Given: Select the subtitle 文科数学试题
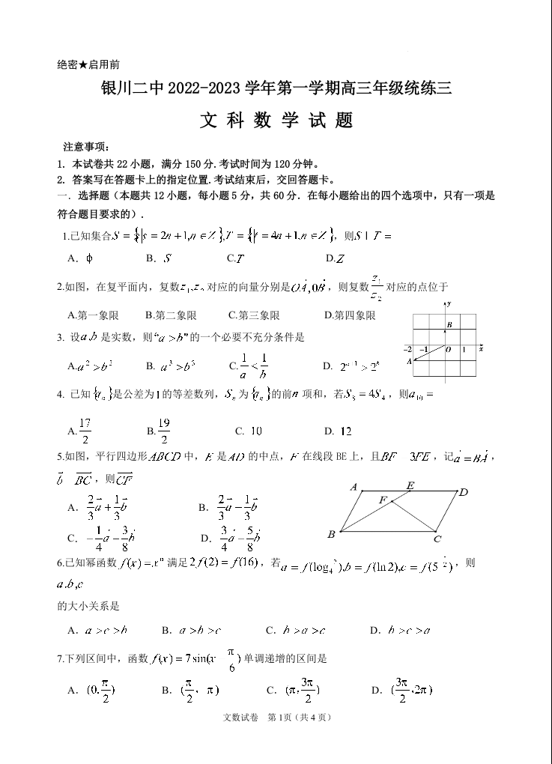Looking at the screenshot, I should (276, 121).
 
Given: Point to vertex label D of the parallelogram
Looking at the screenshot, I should (464, 492).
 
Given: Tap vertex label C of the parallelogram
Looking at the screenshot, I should (437, 538).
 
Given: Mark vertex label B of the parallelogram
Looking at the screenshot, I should (331, 534).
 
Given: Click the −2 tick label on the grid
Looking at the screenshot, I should (407, 350).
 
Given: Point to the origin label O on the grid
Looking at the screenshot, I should (447, 350).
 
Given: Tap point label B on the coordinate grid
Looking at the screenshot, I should (449, 324).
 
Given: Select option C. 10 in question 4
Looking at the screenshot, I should (248, 431).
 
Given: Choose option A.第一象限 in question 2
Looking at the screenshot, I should (93, 315).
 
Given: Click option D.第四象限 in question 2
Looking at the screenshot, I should (350, 315).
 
